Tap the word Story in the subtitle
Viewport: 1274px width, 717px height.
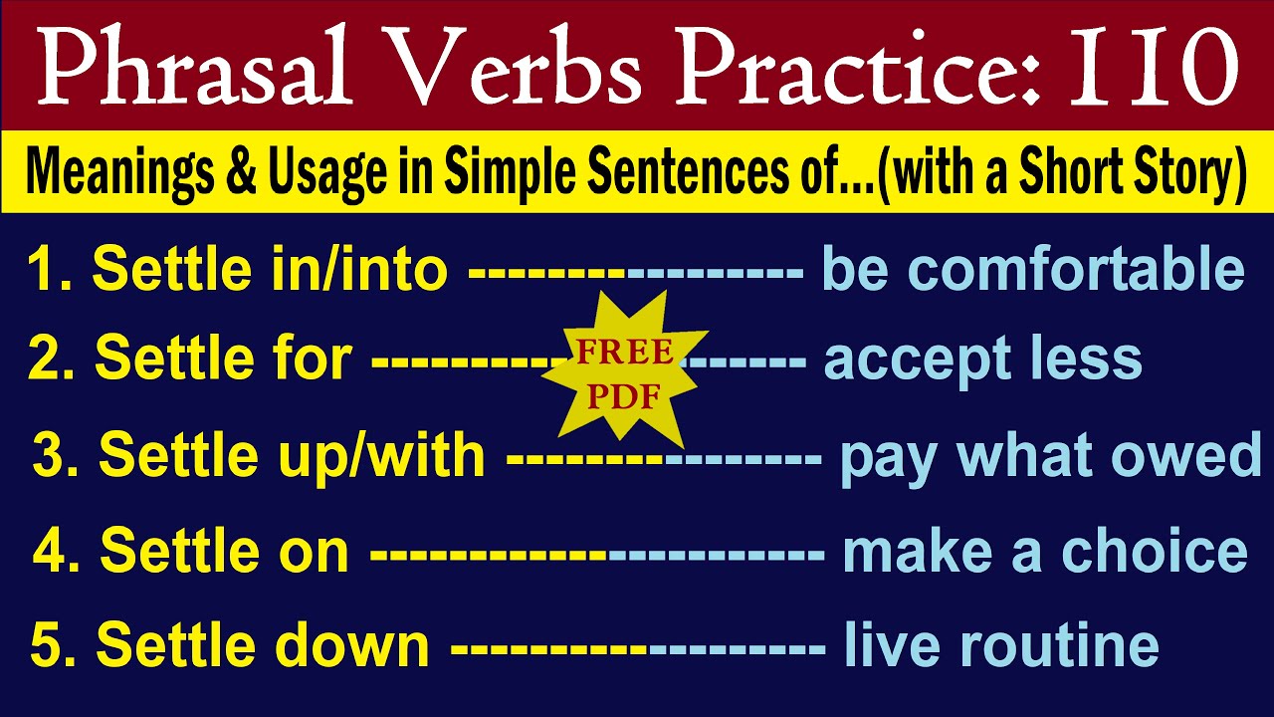click(1190, 172)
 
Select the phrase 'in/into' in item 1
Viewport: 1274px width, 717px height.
click(379, 270)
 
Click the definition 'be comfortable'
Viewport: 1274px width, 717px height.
click(1032, 270)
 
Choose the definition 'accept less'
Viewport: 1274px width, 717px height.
click(982, 359)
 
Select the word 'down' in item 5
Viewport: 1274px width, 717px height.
click(359, 646)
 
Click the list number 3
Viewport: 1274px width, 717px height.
click(49, 456)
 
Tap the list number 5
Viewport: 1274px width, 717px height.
click(48, 646)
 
